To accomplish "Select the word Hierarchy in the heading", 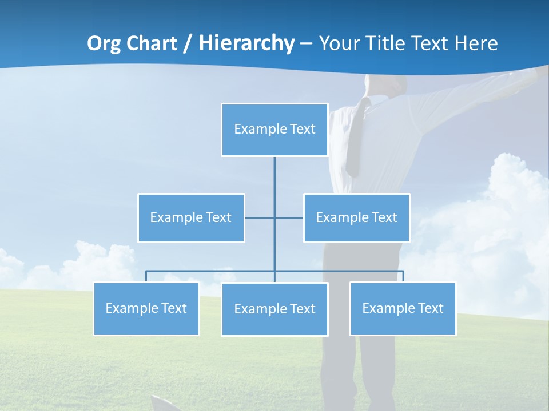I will coord(246,43).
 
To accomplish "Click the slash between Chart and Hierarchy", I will coord(187,44).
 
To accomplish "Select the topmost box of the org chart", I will coord(274,130).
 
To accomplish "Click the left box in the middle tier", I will coord(191,217).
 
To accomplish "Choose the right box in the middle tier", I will coord(356,217).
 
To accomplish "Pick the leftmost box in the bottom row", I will coord(146,308).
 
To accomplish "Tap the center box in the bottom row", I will coord(274,309).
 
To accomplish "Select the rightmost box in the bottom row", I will coord(403,308).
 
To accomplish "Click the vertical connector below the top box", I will coord(274,183).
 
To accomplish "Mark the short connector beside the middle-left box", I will coord(258,217).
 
